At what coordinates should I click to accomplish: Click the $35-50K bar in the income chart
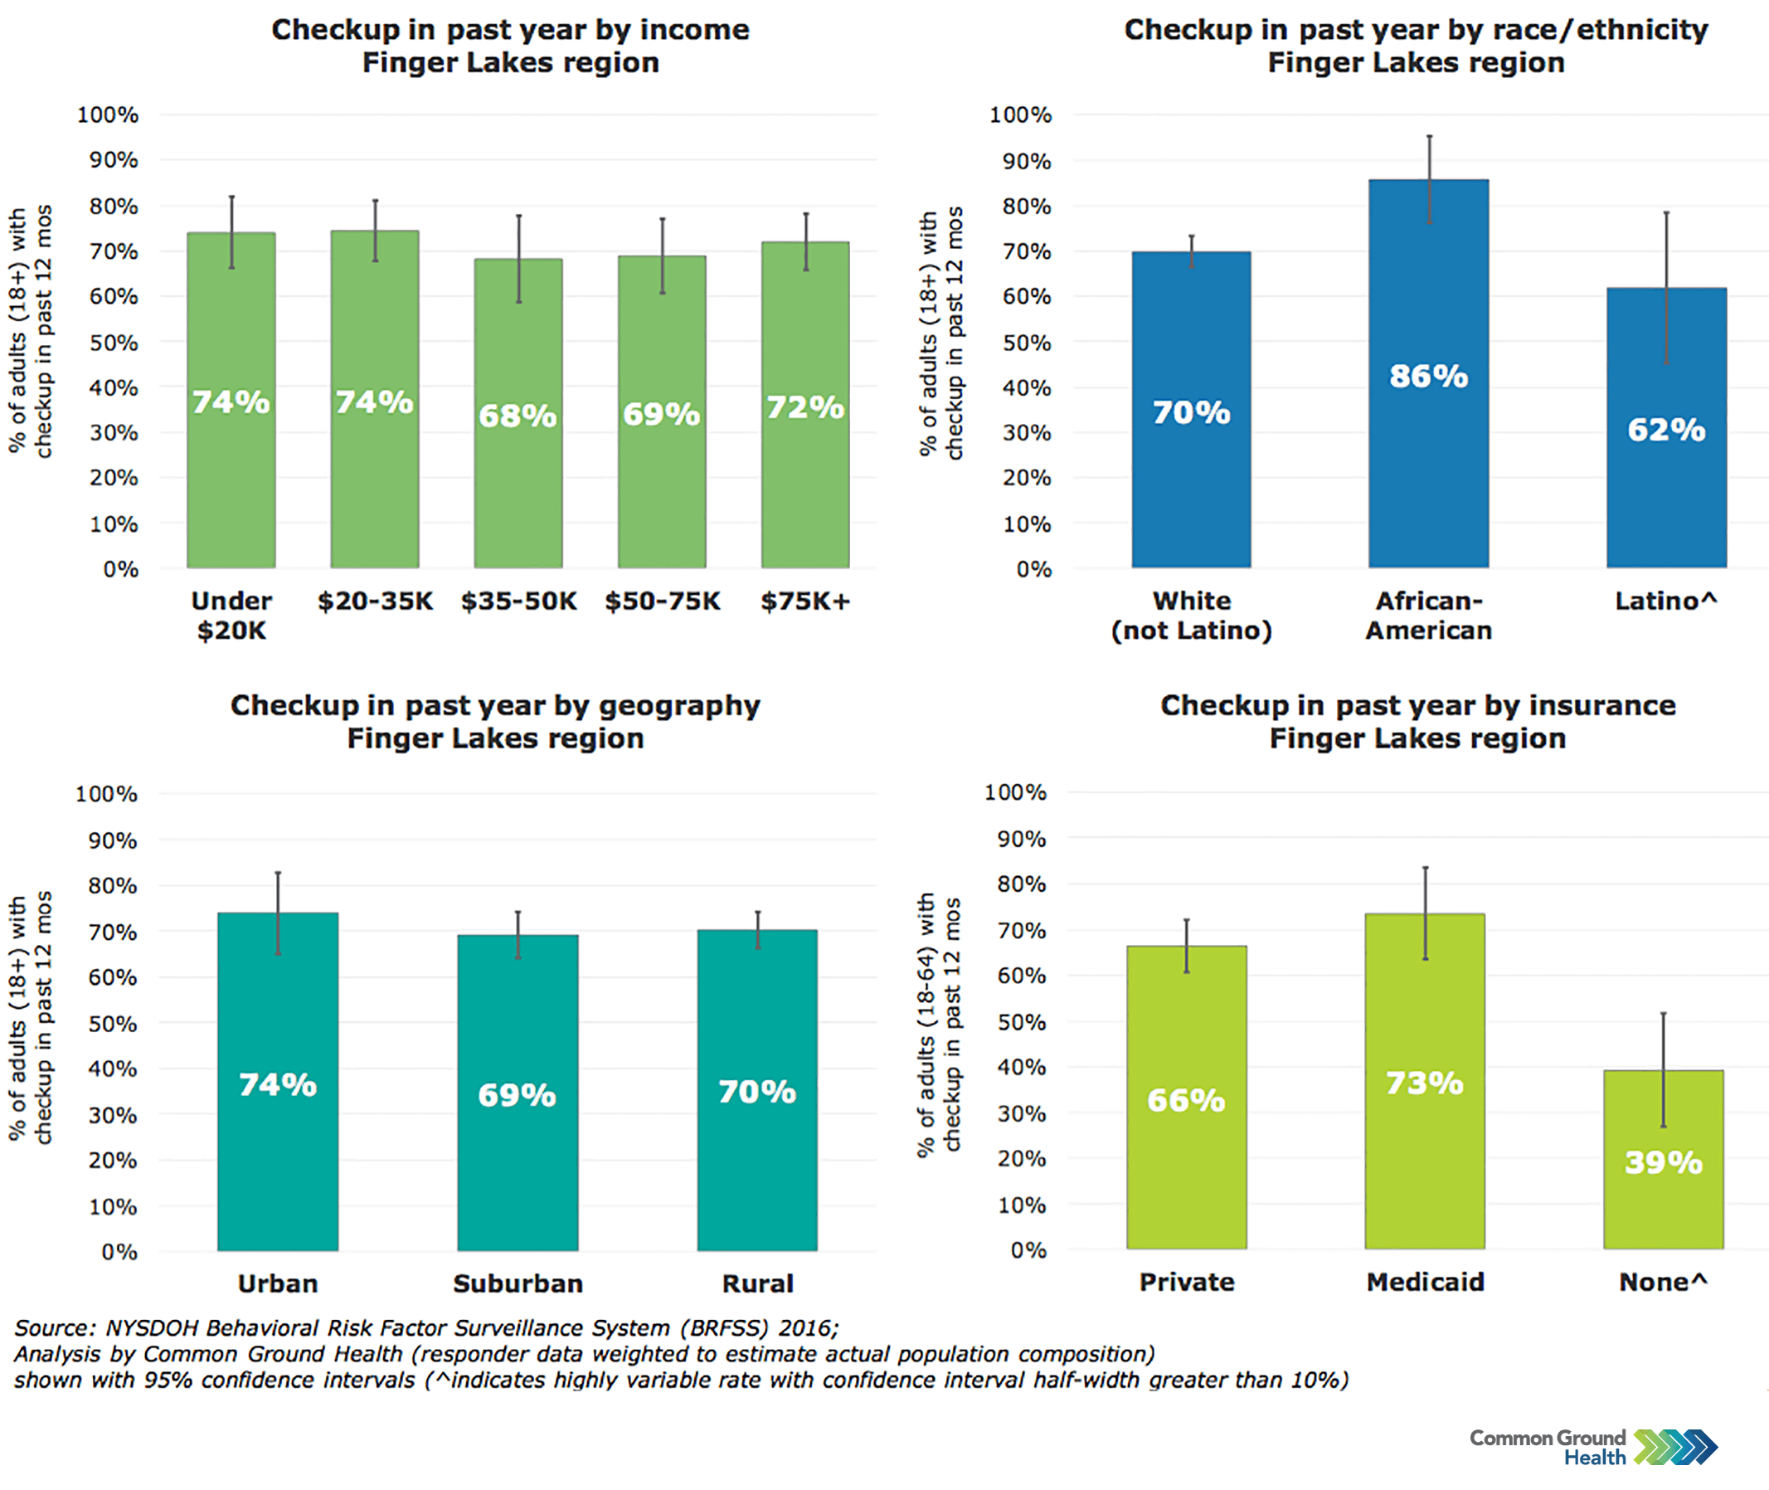pos(518,473)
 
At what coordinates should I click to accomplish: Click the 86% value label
pos(1428,376)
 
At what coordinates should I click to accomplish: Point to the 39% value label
pos(1663,1162)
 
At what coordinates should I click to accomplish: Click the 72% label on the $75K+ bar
pos(804,407)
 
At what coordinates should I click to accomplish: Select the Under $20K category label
pos(231,616)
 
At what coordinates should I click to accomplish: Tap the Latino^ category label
pos(1665,601)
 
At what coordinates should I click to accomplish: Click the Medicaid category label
pos(1425,1283)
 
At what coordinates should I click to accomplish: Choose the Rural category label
pos(757,1284)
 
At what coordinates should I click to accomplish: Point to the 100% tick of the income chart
pos(107,114)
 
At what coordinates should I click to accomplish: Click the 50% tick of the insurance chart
pos(1021,1022)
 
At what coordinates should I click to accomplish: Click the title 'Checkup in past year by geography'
pos(495,705)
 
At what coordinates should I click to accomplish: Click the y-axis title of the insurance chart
pos(939,1022)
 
